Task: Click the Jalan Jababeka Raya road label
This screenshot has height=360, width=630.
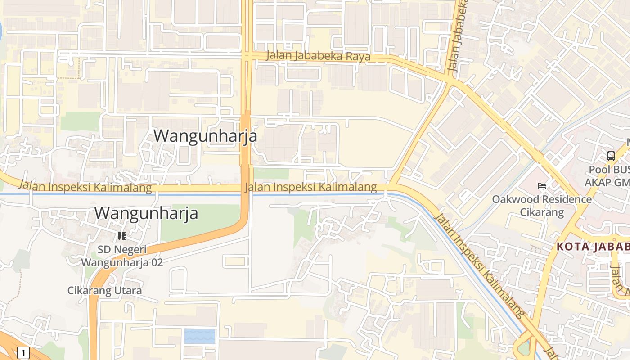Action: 318,56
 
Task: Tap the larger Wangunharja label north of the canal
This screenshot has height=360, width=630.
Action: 205,136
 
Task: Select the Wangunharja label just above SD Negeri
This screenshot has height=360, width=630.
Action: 146,213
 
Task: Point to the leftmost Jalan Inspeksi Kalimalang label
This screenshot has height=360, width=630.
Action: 85,186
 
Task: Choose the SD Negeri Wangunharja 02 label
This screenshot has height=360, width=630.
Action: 122,256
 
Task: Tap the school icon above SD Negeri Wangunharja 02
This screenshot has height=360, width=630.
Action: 121,236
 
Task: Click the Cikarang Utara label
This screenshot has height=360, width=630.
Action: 104,290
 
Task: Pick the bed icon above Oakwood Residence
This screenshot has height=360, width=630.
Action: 542,186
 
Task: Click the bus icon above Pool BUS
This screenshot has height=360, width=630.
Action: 611,156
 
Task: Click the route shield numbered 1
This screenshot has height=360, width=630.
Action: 23,352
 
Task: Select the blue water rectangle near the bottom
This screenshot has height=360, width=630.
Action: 199,336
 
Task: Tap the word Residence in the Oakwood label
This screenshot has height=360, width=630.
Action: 566,199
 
